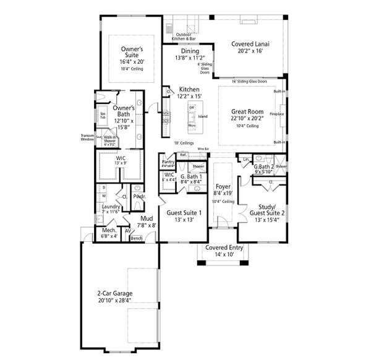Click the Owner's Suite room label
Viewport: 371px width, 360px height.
pos(131,51)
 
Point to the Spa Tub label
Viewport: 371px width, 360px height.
pos(103,116)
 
